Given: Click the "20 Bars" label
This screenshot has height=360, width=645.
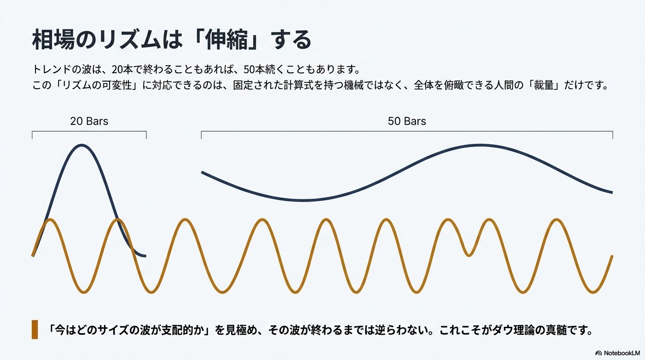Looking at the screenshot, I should [89, 121].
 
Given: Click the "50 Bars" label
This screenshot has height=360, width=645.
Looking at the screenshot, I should [407, 121].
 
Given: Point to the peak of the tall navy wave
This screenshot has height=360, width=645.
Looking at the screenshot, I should [82, 145].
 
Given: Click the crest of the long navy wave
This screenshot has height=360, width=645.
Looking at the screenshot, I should [480, 145].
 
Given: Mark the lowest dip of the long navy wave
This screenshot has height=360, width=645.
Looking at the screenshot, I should [305, 201].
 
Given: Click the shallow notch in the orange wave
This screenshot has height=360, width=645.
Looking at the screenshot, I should [469, 255].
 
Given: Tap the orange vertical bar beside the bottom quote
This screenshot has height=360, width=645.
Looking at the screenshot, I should [35, 330].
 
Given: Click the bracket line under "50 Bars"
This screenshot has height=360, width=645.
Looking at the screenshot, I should [407, 132].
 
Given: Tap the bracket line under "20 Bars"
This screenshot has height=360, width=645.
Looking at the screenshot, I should [89, 132].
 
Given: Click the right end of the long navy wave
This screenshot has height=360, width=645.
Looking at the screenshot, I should [612, 192].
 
